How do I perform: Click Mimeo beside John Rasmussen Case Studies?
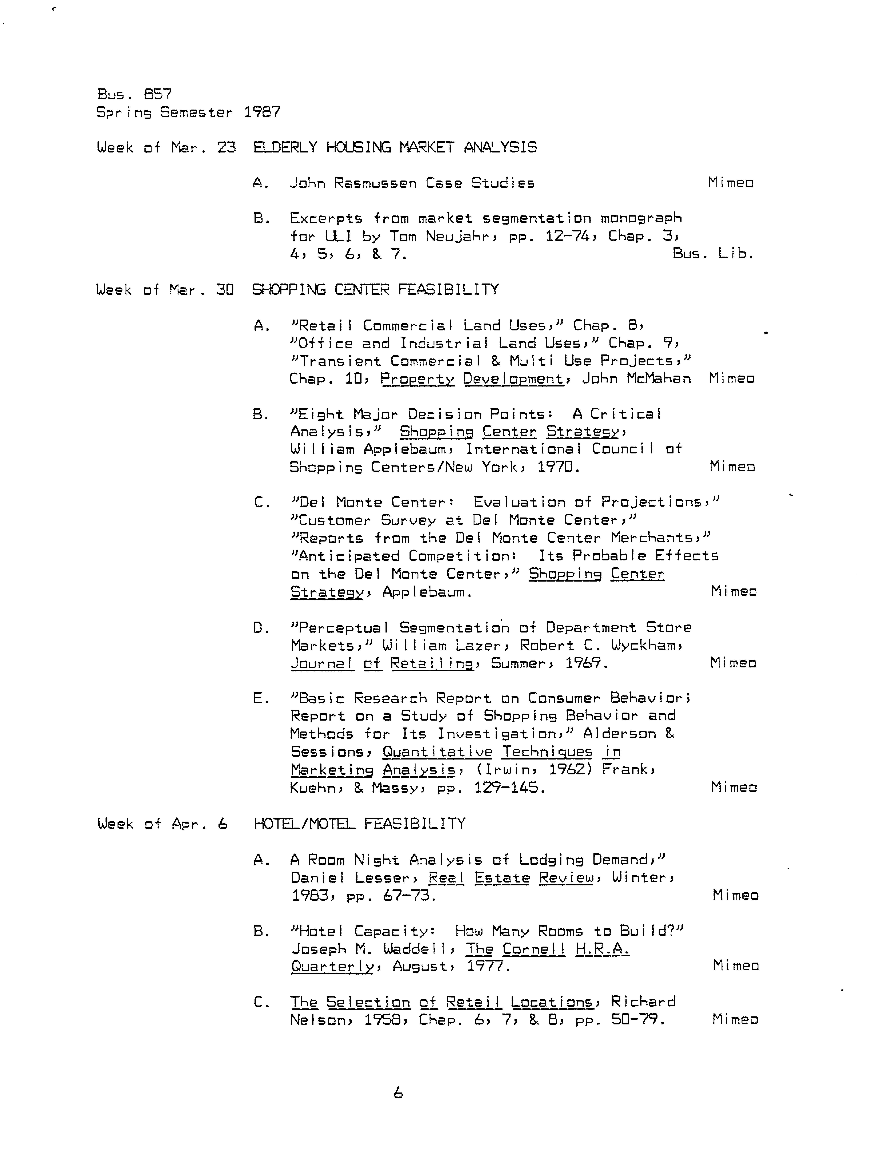coord(731,183)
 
